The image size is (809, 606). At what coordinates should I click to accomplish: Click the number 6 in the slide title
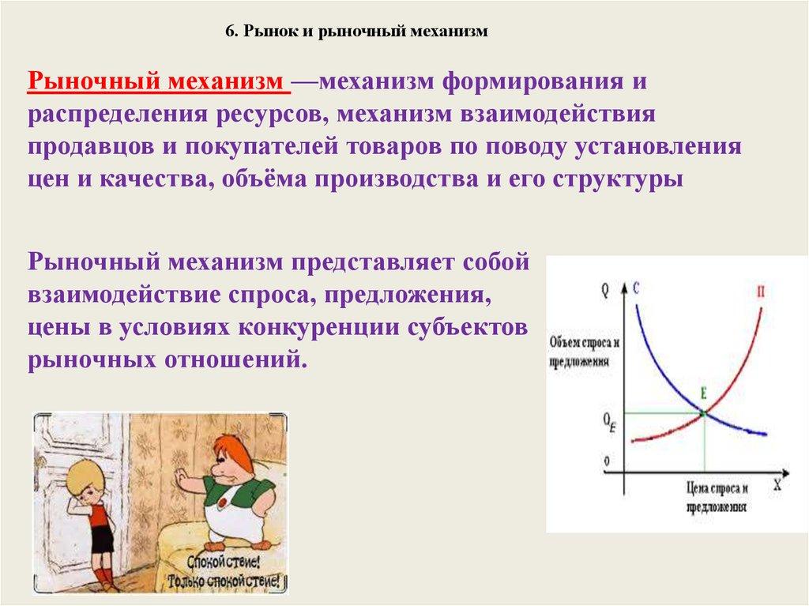(230, 32)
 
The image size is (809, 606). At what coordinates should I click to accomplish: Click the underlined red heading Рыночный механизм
(156, 81)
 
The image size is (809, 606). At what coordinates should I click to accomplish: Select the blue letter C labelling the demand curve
(636, 287)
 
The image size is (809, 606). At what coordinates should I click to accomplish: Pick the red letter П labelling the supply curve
(760, 292)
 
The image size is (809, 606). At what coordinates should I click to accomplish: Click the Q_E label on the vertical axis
(609, 420)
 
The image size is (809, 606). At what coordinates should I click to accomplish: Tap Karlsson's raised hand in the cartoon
(182, 480)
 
